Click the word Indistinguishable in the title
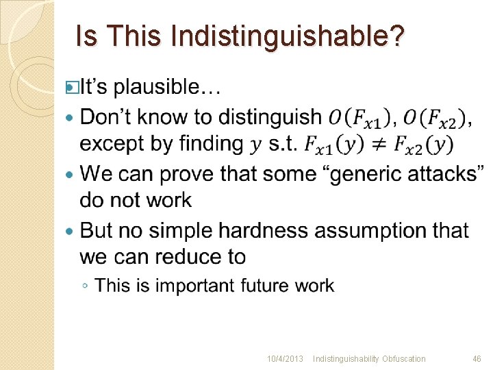coord(286,36)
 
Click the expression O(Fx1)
coord(359,117)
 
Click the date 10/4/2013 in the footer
coord(286,359)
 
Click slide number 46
coord(477,359)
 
